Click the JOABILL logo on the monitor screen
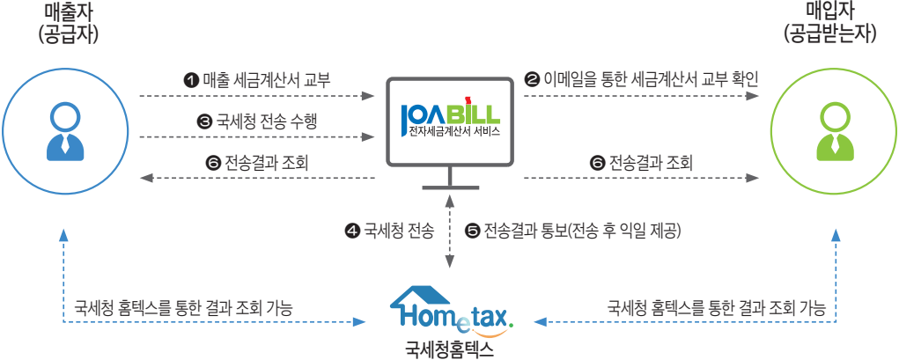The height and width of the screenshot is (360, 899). [x=449, y=114]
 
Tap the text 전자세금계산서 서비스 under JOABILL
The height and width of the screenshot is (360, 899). [x=449, y=133]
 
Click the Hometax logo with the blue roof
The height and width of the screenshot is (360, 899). [x=451, y=308]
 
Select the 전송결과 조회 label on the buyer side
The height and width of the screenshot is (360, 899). [x=642, y=163]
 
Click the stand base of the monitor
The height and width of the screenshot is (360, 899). [x=449, y=187]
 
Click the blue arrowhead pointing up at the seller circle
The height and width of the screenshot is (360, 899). [x=63, y=235]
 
